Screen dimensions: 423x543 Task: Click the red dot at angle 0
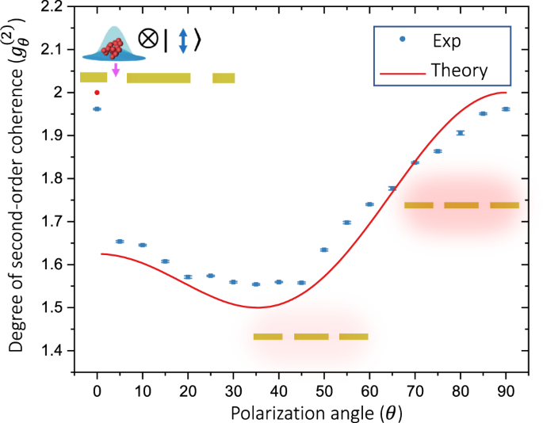pos(97,93)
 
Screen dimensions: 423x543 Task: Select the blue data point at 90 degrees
pos(506,109)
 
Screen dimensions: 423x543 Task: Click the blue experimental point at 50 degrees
pos(323,250)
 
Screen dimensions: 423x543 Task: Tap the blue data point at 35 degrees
pos(255,284)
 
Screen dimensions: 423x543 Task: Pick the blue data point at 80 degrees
pos(460,133)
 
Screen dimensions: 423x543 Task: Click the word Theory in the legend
pos(459,70)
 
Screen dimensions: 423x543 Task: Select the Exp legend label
pos(446,40)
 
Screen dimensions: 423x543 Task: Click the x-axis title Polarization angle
pos(300,412)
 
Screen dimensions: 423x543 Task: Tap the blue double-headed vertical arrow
pos(183,40)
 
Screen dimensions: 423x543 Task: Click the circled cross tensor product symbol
pos(148,40)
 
